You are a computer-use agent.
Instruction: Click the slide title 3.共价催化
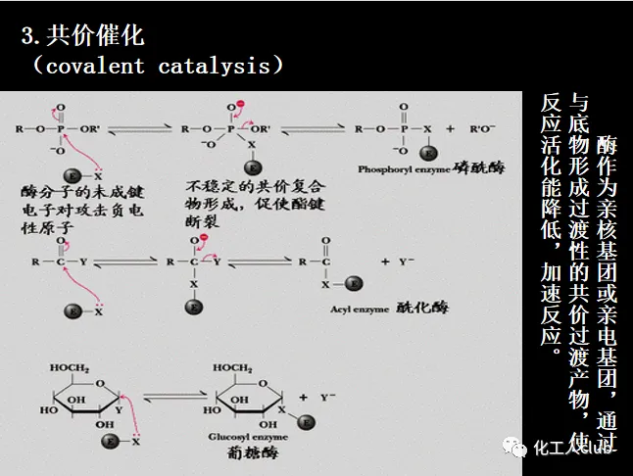coord(82,37)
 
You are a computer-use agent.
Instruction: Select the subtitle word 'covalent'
coord(92,67)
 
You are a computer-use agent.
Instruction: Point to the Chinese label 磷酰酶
coord(478,167)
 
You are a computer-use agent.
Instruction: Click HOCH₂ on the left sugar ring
coord(71,368)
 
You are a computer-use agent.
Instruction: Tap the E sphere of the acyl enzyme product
coord(354,284)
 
